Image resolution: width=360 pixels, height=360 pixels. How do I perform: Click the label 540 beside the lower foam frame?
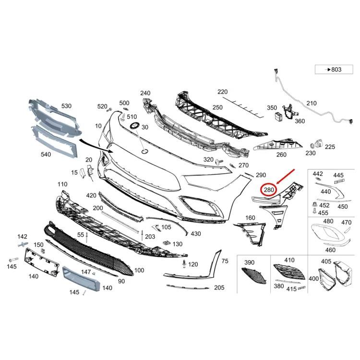coord(46,155)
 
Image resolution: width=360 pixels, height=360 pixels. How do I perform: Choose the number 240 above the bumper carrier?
coord(145,93)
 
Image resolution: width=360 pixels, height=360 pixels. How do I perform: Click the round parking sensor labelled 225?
coord(317,144)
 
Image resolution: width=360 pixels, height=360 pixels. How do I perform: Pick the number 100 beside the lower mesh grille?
coord(139,270)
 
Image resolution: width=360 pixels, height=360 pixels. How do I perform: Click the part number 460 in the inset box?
coord(331,250)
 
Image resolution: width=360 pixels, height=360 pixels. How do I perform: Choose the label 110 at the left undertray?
coord(63,184)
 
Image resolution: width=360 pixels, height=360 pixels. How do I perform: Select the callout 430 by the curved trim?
coord(195,234)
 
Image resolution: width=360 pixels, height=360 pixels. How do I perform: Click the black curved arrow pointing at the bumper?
coord(96,145)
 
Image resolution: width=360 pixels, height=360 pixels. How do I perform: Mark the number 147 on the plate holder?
coord(86,272)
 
